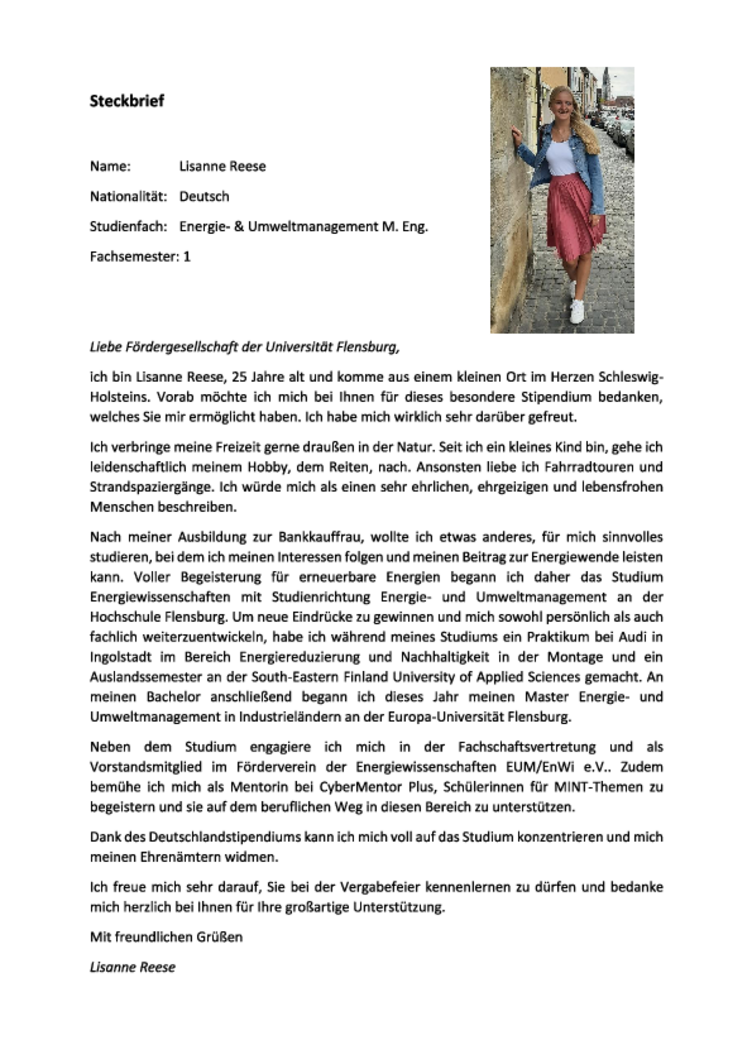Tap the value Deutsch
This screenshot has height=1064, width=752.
204,196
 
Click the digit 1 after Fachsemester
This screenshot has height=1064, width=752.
187,257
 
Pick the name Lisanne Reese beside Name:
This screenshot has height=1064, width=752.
223,166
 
